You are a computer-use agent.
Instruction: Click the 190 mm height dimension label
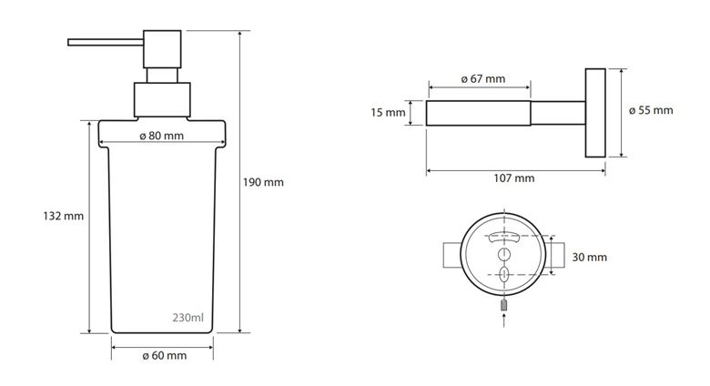tap(263, 182)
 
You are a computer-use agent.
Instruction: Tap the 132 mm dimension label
tap(64, 216)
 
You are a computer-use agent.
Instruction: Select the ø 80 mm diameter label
tap(162, 136)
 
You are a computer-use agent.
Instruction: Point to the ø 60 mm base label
tap(165, 356)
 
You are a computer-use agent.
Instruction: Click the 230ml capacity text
tap(188, 318)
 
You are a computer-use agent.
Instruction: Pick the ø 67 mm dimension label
tap(483, 79)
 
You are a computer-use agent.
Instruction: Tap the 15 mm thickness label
tap(388, 112)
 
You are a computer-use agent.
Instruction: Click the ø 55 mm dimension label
tap(651, 110)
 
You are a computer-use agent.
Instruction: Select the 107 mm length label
tap(514, 178)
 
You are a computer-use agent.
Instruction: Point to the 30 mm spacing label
tap(590, 258)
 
